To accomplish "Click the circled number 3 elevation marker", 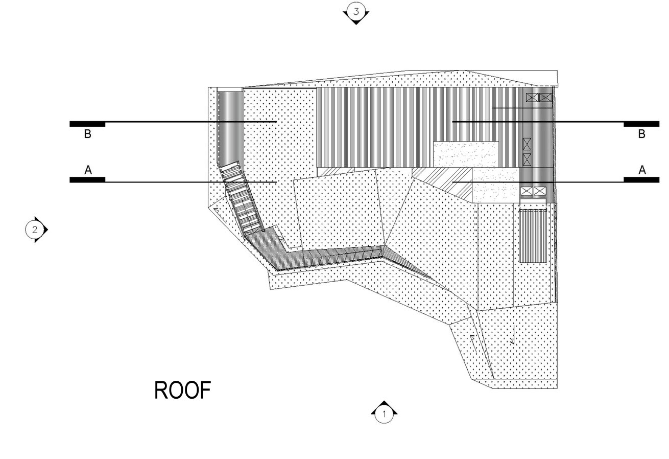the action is [356, 13].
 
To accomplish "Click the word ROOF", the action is [182, 391].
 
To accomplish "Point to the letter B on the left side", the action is [87, 134].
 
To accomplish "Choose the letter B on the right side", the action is [641, 134].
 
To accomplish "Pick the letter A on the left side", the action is [88, 170].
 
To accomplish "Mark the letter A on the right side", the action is [642, 170].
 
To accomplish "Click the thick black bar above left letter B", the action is [87, 124].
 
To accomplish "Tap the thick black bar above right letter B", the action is [641, 124].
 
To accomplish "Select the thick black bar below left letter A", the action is [87, 179].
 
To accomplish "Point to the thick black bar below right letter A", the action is [641, 179].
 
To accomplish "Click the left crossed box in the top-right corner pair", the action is [532, 98].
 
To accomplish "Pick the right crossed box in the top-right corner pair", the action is [545, 98].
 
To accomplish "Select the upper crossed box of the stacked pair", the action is [527, 144].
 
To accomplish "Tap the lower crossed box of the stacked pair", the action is [527, 159].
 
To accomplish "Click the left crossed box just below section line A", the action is [527, 191].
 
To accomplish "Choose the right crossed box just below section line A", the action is [540, 191].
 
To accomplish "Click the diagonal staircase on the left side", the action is [242, 198].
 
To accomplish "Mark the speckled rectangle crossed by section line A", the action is [496, 185].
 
